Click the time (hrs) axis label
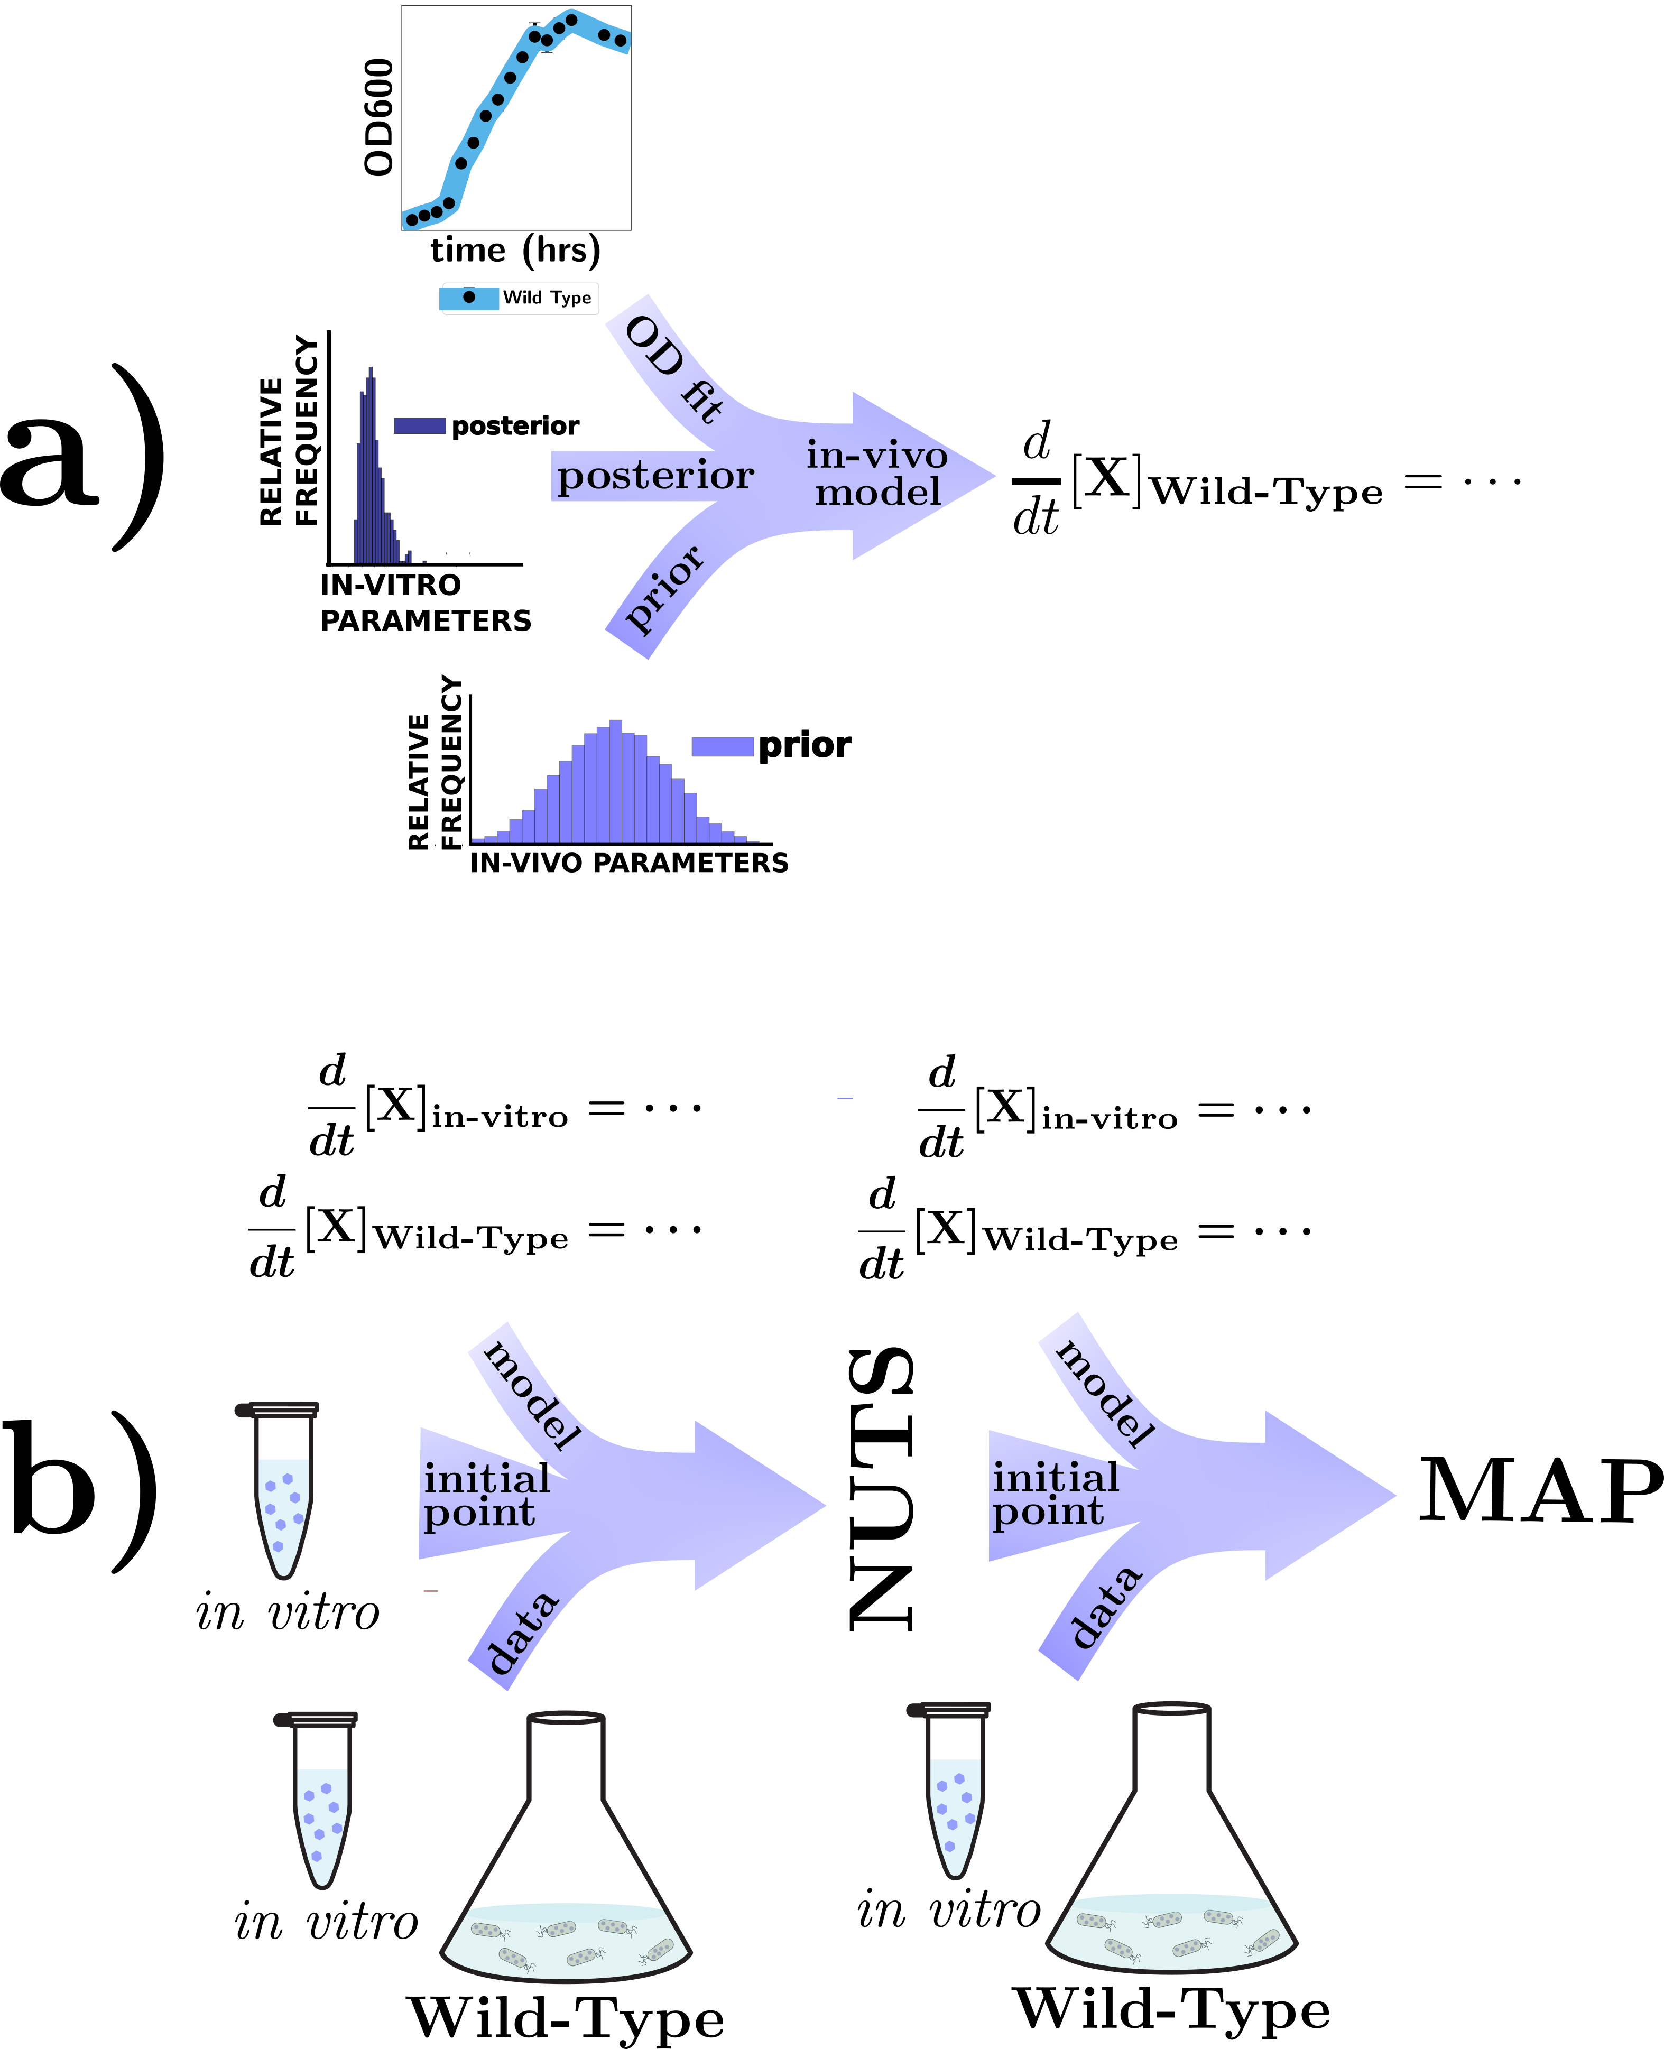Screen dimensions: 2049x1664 515,250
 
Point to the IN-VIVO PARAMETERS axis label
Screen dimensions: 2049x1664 629,863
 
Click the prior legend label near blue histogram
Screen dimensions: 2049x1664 803,745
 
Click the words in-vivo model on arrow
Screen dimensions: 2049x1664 877,474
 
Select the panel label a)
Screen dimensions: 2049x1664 81,458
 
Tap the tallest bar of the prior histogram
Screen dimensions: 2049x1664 615,781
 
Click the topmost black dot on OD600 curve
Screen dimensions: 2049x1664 571,18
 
